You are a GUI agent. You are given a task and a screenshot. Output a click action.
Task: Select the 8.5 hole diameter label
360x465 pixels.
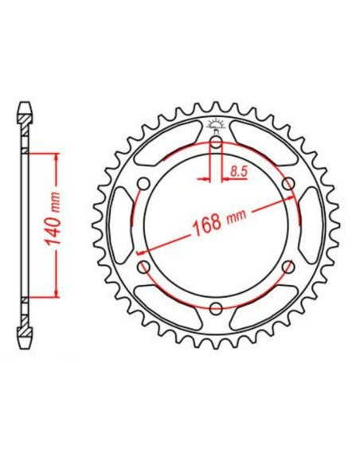pyautogui.click(x=237, y=170)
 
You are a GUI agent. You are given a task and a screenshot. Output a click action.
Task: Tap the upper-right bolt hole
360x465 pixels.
pyautogui.click(x=288, y=184)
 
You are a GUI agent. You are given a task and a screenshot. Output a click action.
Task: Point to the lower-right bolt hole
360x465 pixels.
pyautogui.click(x=288, y=267)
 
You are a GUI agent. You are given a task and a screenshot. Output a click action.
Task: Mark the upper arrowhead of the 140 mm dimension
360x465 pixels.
pyautogui.click(x=56, y=155)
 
